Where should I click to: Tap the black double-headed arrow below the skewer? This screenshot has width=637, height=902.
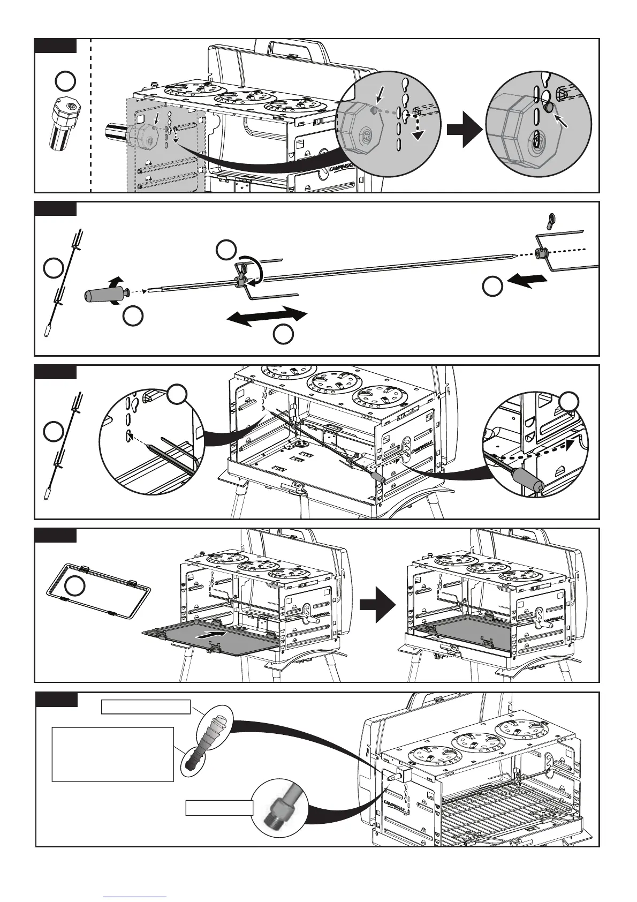pyautogui.click(x=267, y=316)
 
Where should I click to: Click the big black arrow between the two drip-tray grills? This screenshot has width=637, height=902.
pyautogui.click(x=377, y=604)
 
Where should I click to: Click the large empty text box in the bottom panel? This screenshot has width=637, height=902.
pyautogui.click(x=113, y=754)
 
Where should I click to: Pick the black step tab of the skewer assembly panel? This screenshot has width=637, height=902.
pyautogui.click(x=55, y=208)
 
